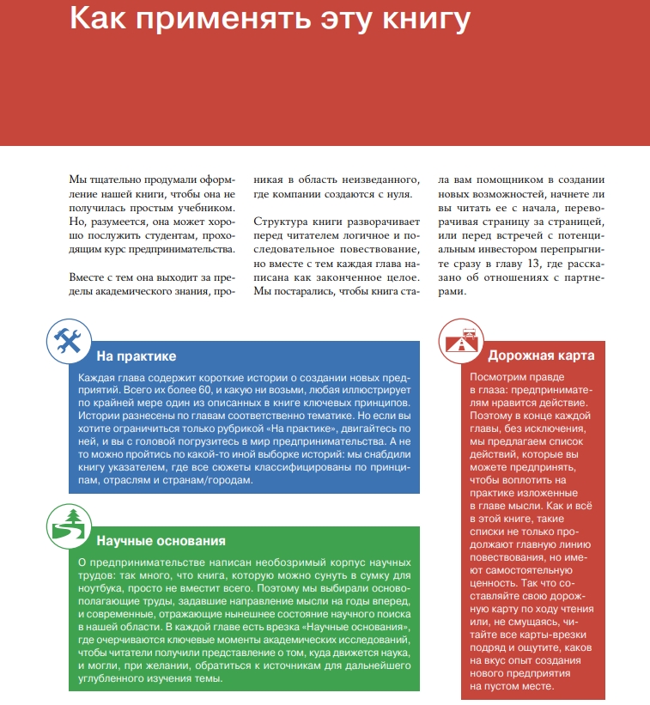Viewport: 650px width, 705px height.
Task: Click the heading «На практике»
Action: click(x=137, y=356)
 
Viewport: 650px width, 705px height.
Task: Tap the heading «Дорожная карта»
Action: click(x=541, y=356)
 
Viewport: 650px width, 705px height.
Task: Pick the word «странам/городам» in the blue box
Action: click(x=211, y=480)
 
